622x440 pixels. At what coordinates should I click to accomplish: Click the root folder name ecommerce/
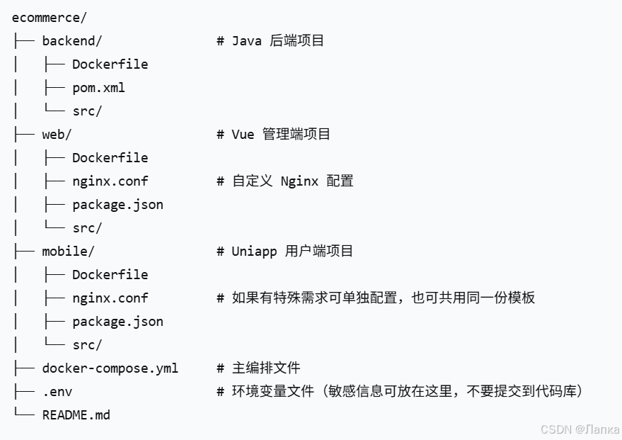click(x=49, y=18)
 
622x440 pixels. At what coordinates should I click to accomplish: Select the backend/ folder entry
click(x=71, y=41)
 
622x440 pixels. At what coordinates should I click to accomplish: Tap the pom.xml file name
click(x=98, y=88)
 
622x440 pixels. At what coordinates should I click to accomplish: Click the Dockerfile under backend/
click(x=110, y=64)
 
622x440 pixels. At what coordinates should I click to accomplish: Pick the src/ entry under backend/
click(x=87, y=111)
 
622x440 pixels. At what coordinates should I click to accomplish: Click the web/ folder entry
click(x=57, y=135)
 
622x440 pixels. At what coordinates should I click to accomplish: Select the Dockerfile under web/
click(x=110, y=158)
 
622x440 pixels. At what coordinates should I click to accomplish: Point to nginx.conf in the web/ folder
click(x=110, y=181)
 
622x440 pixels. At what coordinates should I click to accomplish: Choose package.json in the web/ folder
click(x=117, y=205)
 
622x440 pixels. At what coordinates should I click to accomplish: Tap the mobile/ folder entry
click(x=68, y=252)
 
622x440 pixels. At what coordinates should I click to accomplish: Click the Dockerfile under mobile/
click(x=110, y=275)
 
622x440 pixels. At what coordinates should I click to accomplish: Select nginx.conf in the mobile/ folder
click(x=110, y=298)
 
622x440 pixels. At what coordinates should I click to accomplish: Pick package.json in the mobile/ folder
click(x=117, y=322)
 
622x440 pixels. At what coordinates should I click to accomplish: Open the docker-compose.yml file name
click(x=110, y=368)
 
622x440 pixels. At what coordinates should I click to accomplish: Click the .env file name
click(x=57, y=392)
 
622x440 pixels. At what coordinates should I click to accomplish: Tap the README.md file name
click(x=76, y=415)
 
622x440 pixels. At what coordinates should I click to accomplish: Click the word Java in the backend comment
click(x=247, y=41)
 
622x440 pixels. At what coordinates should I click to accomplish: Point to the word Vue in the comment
click(x=243, y=135)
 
